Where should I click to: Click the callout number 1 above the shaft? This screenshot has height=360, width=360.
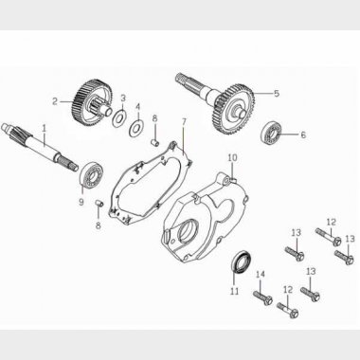(x=45, y=128)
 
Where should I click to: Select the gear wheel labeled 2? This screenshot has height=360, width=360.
(x=91, y=102)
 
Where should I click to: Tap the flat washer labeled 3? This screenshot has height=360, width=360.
(x=119, y=118)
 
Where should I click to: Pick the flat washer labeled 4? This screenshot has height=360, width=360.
(x=135, y=128)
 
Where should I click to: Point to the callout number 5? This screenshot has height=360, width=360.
(x=277, y=93)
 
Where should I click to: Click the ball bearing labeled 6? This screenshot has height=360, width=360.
(x=269, y=133)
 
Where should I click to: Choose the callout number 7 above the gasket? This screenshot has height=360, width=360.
(x=184, y=121)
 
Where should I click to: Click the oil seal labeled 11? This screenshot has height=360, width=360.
(x=242, y=261)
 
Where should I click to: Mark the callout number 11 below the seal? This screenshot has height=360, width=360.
(x=234, y=291)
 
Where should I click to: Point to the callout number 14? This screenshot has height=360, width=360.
(x=260, y=275)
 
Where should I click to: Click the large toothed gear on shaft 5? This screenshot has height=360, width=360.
(x=234, y=109)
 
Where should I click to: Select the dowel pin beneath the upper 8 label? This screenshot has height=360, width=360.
(x=154, y=143)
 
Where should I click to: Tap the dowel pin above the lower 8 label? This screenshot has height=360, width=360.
(x=99, y=203)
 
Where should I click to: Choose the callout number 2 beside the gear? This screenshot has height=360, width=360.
(x=55, y=101)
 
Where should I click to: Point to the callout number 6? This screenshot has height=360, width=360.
(x=303, y=135)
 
